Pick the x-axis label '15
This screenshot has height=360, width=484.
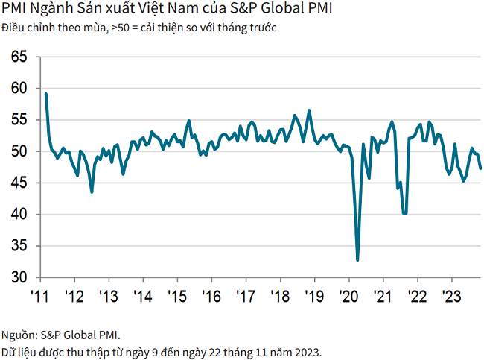176,296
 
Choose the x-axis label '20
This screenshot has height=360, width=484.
348,296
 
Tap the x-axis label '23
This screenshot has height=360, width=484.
451,296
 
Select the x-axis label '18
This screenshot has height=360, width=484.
279,296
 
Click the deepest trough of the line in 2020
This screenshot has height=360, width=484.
358,260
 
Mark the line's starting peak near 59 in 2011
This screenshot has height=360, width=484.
46,94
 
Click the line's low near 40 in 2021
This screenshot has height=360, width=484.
404,213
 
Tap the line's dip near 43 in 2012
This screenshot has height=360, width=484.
92,192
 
